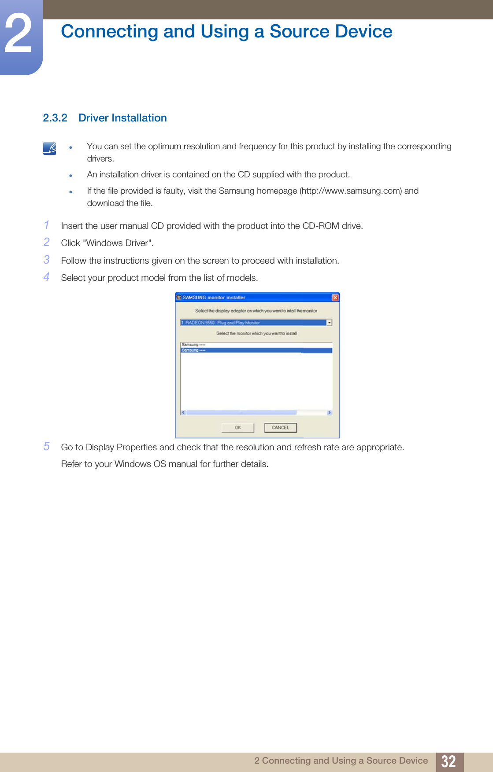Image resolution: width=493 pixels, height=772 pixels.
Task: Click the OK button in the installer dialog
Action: tap(238, 427)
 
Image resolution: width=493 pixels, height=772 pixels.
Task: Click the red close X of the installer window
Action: tap(335, 298)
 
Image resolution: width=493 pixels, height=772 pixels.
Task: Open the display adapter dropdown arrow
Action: tap(329, 323)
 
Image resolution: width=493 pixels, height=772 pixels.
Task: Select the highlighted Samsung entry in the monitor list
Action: tap(256, 350)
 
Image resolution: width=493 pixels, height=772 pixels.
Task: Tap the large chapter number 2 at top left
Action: tap(19, 34)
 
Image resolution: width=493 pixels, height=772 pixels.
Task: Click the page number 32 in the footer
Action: tap(449, 761)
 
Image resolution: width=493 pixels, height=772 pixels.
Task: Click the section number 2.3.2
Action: tap(55, 118)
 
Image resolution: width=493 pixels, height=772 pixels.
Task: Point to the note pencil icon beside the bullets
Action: tap(50, 148)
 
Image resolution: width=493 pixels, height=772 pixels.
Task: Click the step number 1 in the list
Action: tap(47, 225)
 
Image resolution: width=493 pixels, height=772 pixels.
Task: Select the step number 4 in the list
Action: tap(47, 277)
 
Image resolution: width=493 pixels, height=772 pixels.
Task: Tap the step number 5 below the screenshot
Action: tap(47, 446)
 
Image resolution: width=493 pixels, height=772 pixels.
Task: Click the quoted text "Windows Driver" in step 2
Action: tap(118, 243)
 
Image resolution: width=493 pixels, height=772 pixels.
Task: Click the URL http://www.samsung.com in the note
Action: tap(351, 191)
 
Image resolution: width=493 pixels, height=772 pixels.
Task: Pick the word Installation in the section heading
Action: tap(139, 118)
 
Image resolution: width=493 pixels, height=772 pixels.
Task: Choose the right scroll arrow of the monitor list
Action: tap(329, 413)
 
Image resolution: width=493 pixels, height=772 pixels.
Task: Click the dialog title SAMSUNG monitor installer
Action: tap(214, 298)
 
